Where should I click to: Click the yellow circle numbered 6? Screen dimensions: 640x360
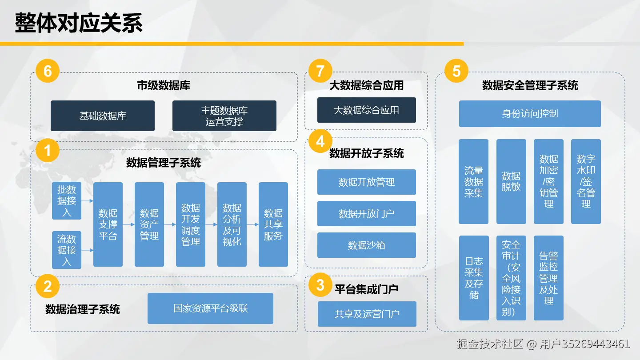point(47,71)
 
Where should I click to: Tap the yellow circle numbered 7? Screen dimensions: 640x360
point(320,71)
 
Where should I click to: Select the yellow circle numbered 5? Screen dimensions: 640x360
point(456,71)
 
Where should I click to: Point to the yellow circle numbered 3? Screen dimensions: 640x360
point(320,285)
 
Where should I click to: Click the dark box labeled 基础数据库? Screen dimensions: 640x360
point(103,116)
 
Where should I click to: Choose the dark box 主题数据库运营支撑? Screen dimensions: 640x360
point(224,116)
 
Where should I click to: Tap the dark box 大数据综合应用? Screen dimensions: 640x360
point(366,110)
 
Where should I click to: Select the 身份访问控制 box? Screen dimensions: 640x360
point(530,114)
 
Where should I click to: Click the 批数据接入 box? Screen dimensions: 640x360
point(67,201)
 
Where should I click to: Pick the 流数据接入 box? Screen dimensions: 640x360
point(67,250)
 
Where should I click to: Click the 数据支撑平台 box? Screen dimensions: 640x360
point(108,224)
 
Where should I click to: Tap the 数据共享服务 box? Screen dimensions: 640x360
point(273,224)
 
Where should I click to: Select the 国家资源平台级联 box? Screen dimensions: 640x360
point(210,308)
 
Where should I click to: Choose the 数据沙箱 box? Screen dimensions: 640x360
point(366,245)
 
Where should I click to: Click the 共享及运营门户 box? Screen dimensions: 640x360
point(367,314)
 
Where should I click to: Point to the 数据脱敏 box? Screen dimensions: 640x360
point(511,181)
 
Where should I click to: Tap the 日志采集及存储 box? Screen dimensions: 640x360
point(474,278)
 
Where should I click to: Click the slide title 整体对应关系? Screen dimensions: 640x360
point(79,23)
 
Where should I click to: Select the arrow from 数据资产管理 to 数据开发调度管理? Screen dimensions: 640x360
point(170,224)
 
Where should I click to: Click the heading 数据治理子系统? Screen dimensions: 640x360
point(83,309)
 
